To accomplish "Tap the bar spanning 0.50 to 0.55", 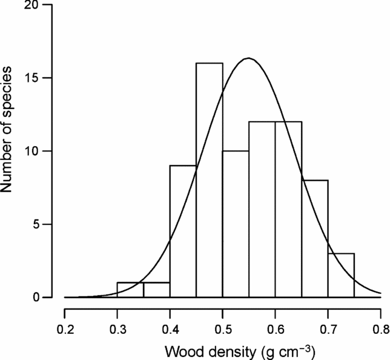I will point(236,224).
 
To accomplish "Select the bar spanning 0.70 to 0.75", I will point(341,275).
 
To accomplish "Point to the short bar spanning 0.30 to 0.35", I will point(130,290).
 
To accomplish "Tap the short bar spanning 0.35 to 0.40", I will point(156,290).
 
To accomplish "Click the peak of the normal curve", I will point(248,58).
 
